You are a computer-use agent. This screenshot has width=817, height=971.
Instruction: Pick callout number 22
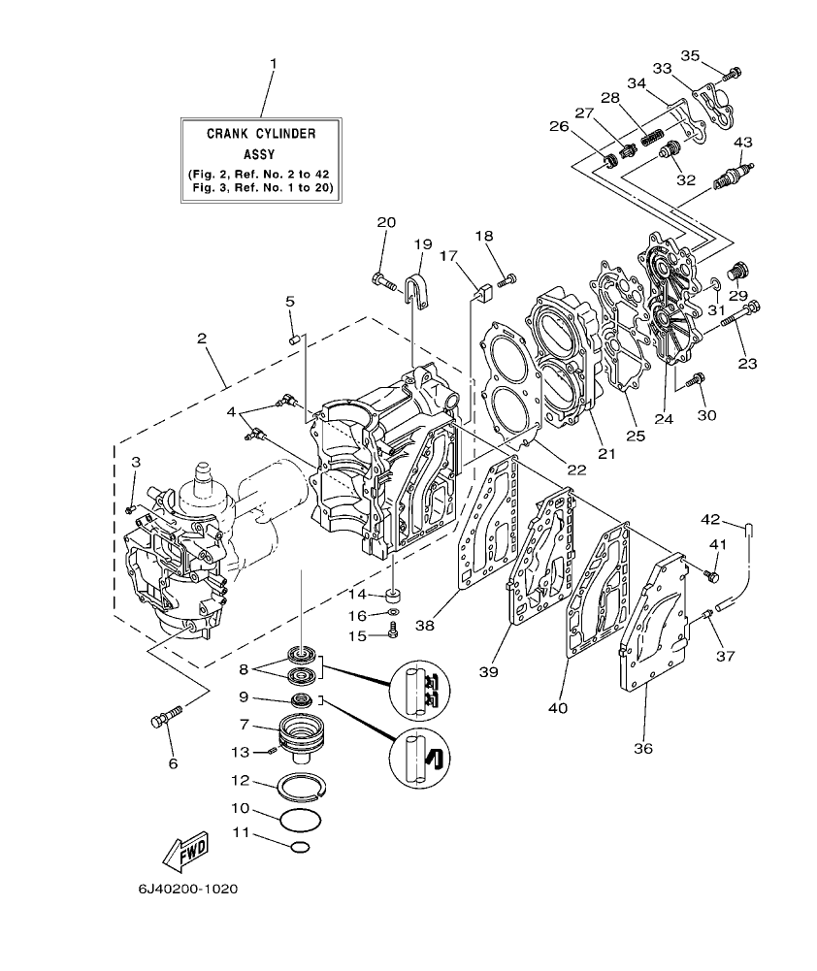point(576,469)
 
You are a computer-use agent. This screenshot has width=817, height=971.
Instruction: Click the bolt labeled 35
point(733,72)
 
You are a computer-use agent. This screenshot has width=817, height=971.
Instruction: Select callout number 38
point(423,628)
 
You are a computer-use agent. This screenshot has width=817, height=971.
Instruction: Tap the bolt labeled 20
point(384,283)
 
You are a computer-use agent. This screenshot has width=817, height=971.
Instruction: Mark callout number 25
point(636,437)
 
